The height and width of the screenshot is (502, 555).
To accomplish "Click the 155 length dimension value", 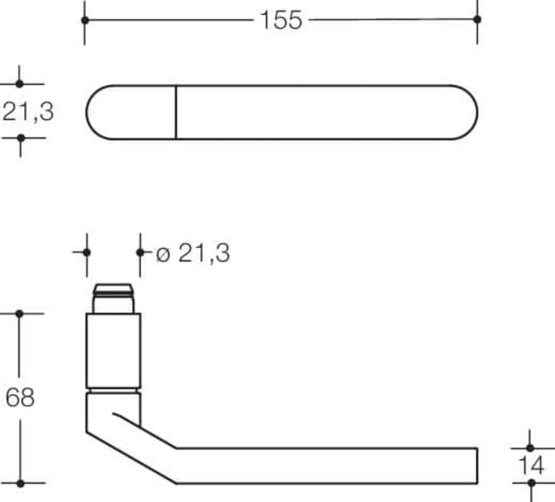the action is pyautogui.click(x=281, y=20).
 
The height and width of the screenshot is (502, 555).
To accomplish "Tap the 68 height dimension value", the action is pyautogui.click(x=20, y=397).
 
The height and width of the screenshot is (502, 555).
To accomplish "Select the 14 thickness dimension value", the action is pyautogui.click(x=531, y=465).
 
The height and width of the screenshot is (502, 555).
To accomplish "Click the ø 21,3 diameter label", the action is pyautogui.click(x=193, y=254).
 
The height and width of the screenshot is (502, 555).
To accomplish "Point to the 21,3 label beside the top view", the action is pyautogui.click(x=28, y=112).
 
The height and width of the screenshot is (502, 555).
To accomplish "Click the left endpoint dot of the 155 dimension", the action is pyautogui.click(x=85, y=20).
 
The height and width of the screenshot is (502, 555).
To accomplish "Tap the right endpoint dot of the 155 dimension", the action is pyautogui.click(x=477, y=19).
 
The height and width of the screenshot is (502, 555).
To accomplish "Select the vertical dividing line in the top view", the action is pyautogui.click(x=175, y=112).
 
